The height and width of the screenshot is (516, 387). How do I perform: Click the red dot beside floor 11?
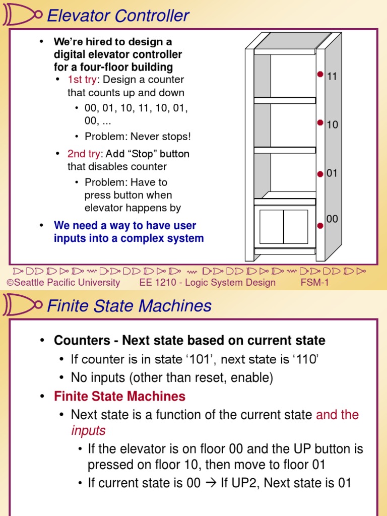click(x=320, y=75)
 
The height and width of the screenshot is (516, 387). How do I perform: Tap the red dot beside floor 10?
click(x=320, y=122)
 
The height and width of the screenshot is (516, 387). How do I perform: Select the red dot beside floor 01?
click(x=320, y=174)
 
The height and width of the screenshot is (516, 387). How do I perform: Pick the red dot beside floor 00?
click(x=320, y=226)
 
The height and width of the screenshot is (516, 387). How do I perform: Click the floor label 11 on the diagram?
click(x=332, y=77)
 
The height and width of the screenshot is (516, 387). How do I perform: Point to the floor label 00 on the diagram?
click(x=332, y=219)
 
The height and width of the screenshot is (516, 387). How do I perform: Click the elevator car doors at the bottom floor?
click(x=284, y=227)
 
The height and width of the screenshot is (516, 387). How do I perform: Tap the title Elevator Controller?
click(x=117, y=16)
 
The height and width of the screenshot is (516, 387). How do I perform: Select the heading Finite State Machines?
click(x=129, y=306)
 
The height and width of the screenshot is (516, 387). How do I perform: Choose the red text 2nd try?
click(x=84, y=154)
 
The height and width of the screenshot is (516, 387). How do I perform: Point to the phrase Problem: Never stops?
click(x=138, y=137)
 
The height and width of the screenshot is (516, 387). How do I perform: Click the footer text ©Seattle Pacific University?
click(x=63, y=282)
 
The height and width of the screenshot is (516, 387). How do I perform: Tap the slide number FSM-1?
click(x=314, y=282)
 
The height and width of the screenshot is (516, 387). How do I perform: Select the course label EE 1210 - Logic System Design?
click(x=208, y=282)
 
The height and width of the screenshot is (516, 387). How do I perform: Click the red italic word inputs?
click(x=88, y=430)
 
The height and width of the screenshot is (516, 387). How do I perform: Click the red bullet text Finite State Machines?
click(x=119, y=397)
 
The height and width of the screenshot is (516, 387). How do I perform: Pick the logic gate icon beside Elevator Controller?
click(x=21, y=16)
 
